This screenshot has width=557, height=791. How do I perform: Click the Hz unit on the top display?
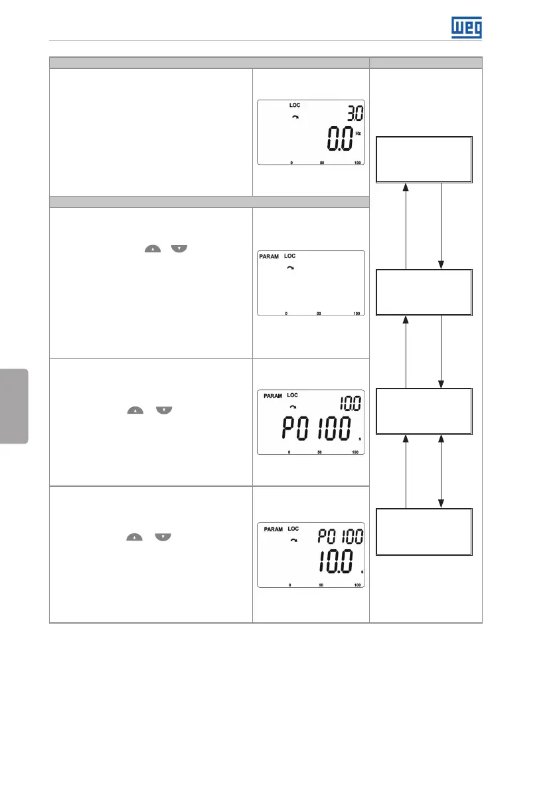click(x=358, y=133)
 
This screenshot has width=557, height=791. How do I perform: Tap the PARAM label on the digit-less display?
click(x=270, y=256)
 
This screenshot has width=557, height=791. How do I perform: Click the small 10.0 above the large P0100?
click(x=351, y=402)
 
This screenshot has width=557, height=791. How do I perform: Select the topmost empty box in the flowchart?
click(x=424, y=159)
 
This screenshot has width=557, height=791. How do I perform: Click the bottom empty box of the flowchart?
click(x=424, y=532)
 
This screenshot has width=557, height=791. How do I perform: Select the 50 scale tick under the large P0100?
click(x=321, y=452)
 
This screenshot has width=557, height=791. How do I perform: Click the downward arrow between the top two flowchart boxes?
click(x=441, y=226)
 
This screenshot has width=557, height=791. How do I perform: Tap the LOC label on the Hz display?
click(x=294, y=106)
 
